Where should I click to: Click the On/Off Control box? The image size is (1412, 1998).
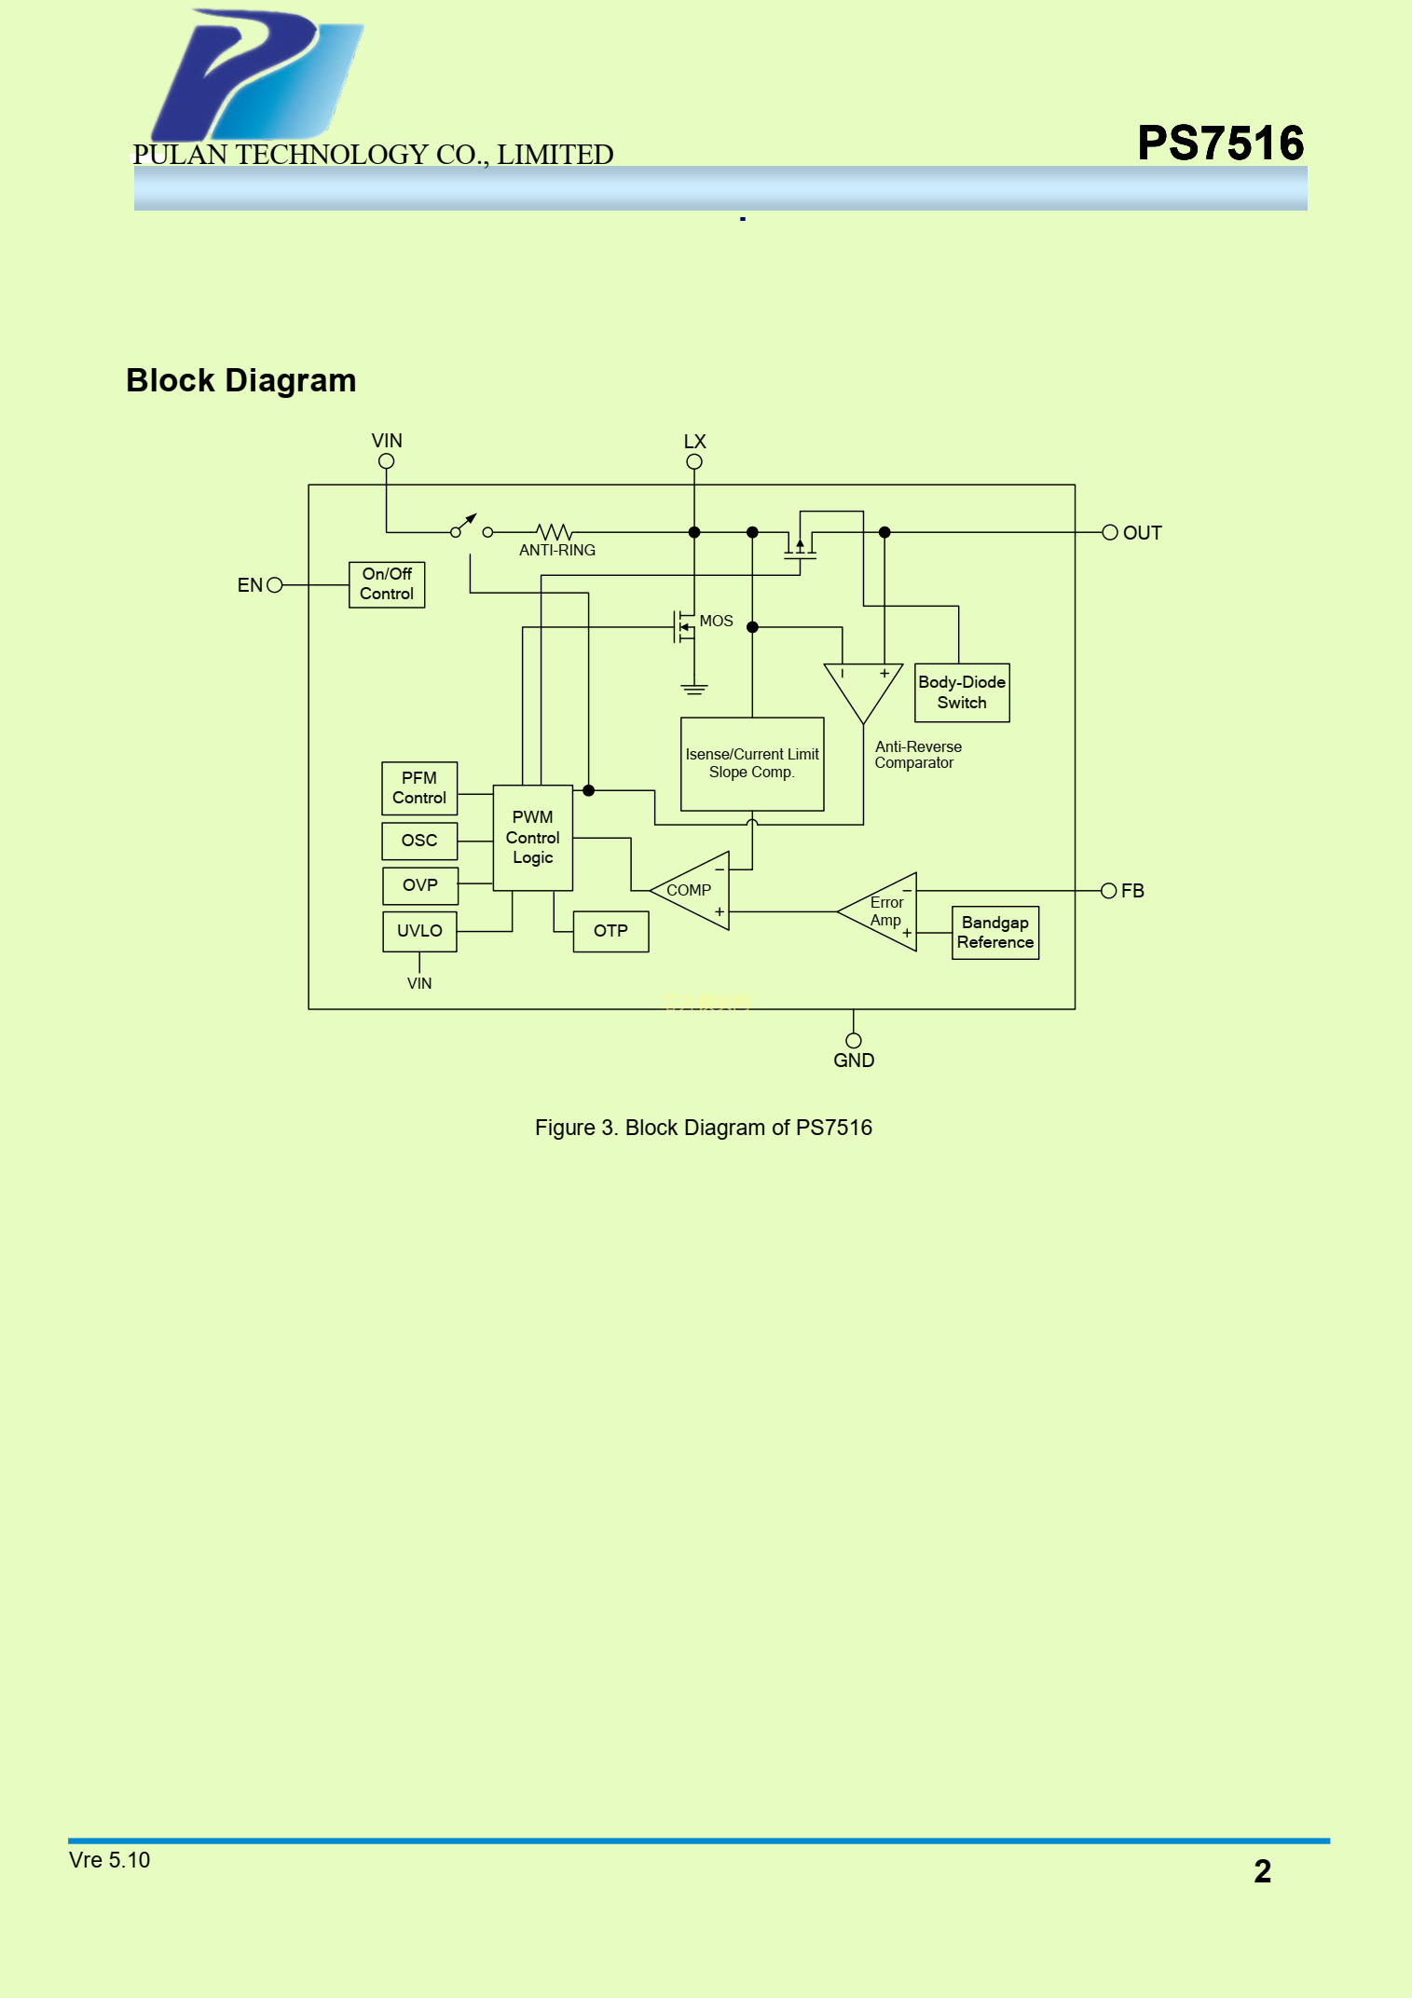click(387, 584)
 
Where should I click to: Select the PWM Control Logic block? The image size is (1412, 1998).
click(532, 838)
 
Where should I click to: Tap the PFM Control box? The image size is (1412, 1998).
click(419, 788)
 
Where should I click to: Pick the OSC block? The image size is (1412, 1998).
click(419, 841)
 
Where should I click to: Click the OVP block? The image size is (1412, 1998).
click(420, 885)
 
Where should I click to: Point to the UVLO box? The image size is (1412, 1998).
click(419, 931)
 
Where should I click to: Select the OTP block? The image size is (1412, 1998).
click(610, 931)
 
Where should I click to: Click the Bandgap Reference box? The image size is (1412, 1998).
click(994, 932)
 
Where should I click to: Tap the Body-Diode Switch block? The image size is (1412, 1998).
click(962, 692)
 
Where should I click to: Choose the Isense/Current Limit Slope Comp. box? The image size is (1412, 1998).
click(752, 764)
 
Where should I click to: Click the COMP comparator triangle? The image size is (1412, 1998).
click(695, 891)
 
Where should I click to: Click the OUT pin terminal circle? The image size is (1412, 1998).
click(1110, 532)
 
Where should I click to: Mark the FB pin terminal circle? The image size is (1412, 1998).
click(1109, 891)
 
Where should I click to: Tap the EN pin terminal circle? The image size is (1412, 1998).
click(274, 585)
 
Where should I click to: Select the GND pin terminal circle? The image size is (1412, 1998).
click(854, 1040)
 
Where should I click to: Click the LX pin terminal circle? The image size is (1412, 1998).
click(694, 461)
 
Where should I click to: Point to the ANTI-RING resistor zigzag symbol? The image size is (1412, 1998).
click(555, 532)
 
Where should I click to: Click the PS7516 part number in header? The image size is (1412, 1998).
click(1220, 144)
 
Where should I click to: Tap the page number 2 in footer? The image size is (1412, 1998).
click(1262, 1870)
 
